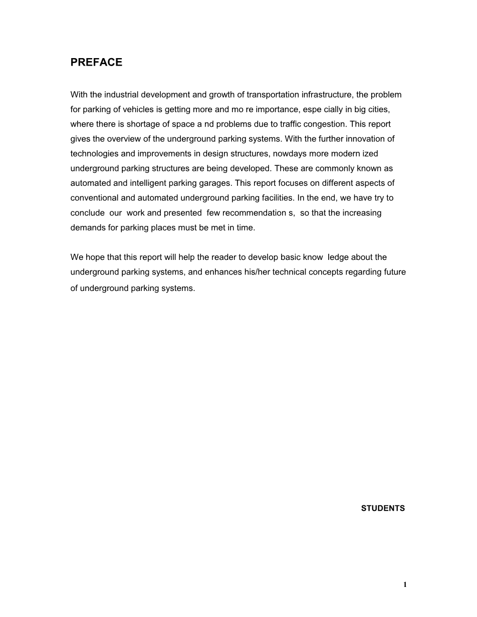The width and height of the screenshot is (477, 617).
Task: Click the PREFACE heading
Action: pyautogui.click(x=96, y=62)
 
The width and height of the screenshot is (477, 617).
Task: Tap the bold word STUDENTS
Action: pyautogui.click(x=383, y=508)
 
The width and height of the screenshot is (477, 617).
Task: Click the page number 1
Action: pyautogui.click(x=405, y=584)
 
